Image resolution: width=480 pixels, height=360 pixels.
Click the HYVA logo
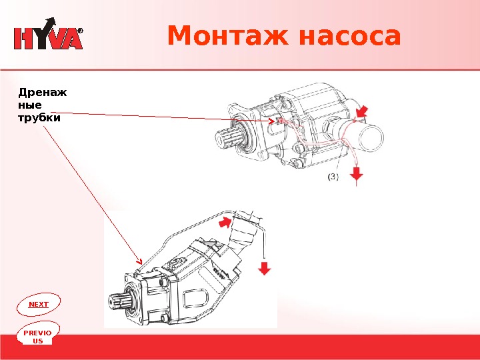tap(49, 34)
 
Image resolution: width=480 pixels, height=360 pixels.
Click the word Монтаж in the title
tap(228, 36)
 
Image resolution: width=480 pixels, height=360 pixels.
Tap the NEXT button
tap(39, 304)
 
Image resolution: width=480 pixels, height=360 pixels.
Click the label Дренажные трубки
tap(42, 105)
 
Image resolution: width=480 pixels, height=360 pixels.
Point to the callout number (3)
tap(333, 177)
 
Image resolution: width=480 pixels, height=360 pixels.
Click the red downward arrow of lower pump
tap(265, 269)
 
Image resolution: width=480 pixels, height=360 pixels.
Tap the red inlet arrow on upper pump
tap(361, 111)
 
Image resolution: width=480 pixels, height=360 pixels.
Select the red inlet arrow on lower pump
tap(225, 222)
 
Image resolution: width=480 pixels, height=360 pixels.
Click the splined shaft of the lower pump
tap(119, 301)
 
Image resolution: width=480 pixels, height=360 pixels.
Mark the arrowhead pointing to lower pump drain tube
tap(140, 262)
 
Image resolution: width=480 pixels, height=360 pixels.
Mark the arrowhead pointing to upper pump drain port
tap(271, 121)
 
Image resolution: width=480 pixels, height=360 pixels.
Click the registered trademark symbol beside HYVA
tap(80, 31)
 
